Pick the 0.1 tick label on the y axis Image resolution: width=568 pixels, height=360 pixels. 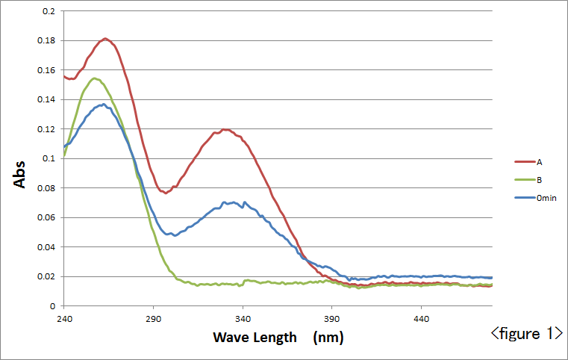click(x=49, y=159)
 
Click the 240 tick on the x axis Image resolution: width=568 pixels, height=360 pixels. click(x=64, y=317)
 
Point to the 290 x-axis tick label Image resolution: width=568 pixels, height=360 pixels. click(x=153, y=317)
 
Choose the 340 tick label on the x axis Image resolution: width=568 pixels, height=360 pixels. click(x=243, y=317)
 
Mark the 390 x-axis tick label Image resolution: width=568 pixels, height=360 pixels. click(x=331, y=317)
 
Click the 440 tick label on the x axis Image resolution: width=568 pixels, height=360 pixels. click(x=421, y=317)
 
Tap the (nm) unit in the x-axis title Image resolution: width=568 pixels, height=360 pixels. click(x=329, y=337)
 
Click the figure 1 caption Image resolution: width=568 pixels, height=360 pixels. click(x=526, y=333)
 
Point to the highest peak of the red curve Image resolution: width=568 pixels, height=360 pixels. click(x=105, y=38)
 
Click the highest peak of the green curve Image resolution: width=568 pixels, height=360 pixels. click(x=93, y=78)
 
